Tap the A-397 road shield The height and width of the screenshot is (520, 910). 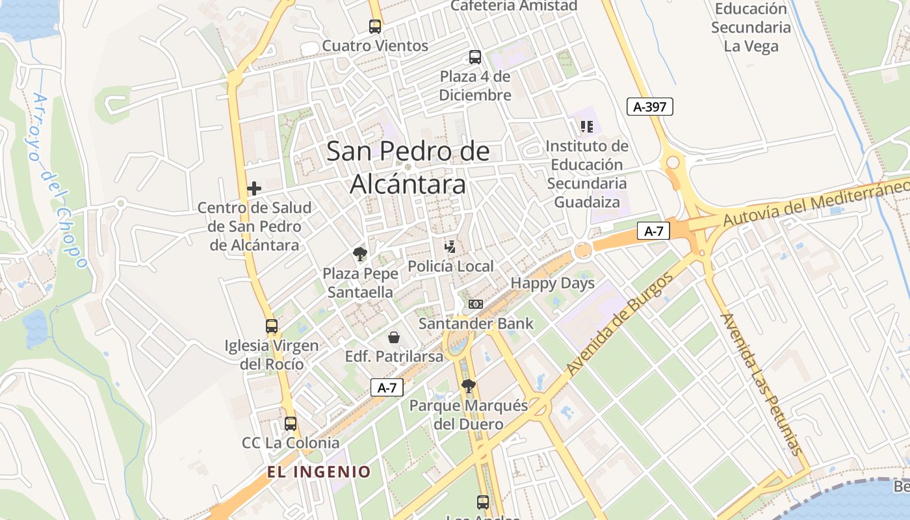(x=649, y=107)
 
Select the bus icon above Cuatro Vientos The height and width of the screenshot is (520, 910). (x=375, y=27)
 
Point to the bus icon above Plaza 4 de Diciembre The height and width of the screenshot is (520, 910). (x=475, y=57)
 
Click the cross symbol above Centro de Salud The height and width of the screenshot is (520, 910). (x=254, y=188)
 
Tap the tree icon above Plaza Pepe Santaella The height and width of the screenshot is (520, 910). (x=359, y=253)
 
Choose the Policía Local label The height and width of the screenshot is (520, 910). (x=450, y=266)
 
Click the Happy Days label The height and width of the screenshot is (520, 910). (x=552, y=283)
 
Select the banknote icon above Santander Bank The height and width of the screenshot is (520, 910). (x=476, y=304)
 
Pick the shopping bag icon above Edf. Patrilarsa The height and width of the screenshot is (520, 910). (x=394, y=337)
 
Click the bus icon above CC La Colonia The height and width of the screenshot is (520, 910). (x=291, y=424)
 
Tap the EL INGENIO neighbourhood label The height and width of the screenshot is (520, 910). (x=319, y=472)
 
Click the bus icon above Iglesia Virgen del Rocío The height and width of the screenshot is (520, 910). (x=272, y=326)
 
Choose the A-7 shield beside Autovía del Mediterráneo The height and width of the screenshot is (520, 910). (x=653, y=230)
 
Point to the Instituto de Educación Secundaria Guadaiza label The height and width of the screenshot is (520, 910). (x=587, y=174)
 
